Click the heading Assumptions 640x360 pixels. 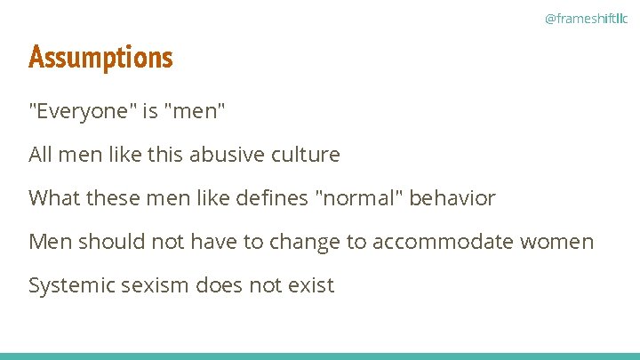pos(100,58)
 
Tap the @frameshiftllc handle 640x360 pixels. pos(586,19)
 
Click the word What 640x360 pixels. pos(54,198)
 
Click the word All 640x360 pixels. pos(41,155)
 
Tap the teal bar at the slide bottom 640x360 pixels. pos(320,356)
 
